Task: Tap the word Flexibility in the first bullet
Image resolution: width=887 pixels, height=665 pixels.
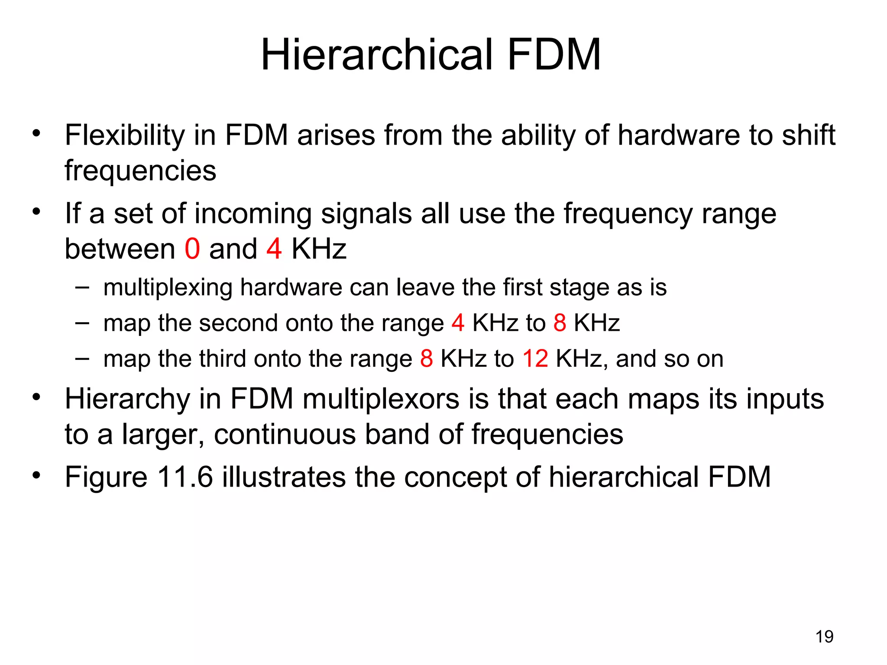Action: click(x=125, y=136)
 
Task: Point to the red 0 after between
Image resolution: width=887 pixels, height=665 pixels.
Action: click(x=192, y=249)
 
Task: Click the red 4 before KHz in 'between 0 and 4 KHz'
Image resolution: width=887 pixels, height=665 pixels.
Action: click(x=274, y=249)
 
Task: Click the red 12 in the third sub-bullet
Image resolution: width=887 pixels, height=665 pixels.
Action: click(x=535, y=359)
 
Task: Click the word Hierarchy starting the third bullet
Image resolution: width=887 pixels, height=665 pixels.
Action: click(x=127, y=399)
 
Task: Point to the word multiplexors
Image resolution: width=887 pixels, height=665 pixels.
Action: click(x=381, y=399)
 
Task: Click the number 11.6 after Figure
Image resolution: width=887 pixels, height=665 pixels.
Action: click(x=185, y=477)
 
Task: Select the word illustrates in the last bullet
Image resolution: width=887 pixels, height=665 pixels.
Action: click(x=284, y=477)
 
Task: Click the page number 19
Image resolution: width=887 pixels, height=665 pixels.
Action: click(x=824, y=637)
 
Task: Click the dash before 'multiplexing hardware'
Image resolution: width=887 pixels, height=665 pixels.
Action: click(x=82, y=286)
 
